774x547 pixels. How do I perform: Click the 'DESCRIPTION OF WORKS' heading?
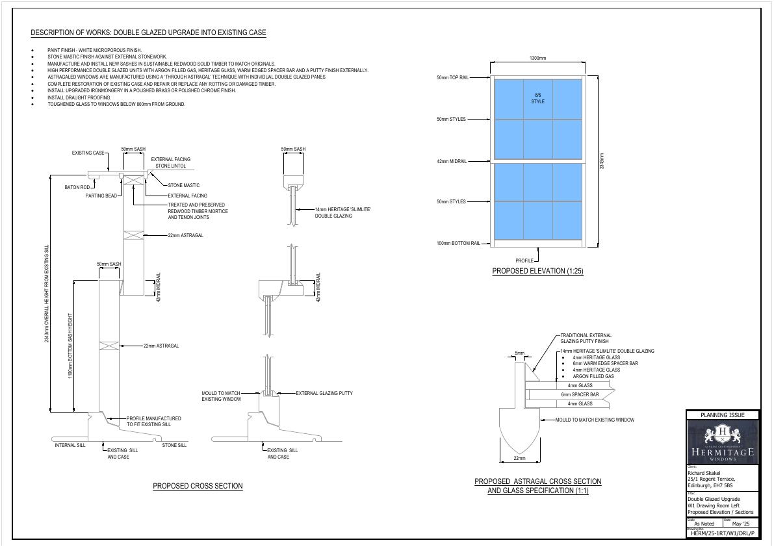pyautogui.click(x=148, y=33)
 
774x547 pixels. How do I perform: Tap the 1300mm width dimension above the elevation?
pyautogui.click(x=537, y=58)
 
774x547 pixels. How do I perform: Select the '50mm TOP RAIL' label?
pyautogui.click(x=452, y=78)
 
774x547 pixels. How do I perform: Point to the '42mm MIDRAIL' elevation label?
pyautogui.click(x=452, y=161)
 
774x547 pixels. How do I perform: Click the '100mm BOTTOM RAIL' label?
pyautogui.click(x=458, y=244)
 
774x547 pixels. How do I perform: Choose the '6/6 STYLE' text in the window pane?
pyautogui.click(x=538, y=98)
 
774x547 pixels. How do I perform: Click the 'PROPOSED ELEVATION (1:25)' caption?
pyautogui.click(x=537, y=271)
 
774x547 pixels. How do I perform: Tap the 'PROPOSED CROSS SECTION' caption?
pyautogui.click(x=198, y=486)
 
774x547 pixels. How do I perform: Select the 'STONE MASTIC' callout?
pyautogui.click(x=184, y=186)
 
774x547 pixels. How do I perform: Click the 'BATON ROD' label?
pyautogui.click(x=77, y=188)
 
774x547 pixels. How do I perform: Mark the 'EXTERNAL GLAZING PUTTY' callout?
pyautogui.click(x=324, y=393)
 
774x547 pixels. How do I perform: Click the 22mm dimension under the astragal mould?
pyautogui.click(x=520, y=459)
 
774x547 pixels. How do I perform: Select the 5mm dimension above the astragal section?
pyautogui.click(x=519, y=353)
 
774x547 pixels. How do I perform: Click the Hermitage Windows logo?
pyautogui.click(x=723, y=441)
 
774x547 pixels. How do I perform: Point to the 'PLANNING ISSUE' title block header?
pyautogui.click(x=723, y=415)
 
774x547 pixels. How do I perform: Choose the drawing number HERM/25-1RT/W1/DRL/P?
pyautogui.click(x=723, y=533)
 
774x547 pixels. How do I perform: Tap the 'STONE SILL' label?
pyautogui.click(x=174, y=445)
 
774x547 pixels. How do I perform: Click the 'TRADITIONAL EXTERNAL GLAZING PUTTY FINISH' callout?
pyautogui.click(x=586, y=338)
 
